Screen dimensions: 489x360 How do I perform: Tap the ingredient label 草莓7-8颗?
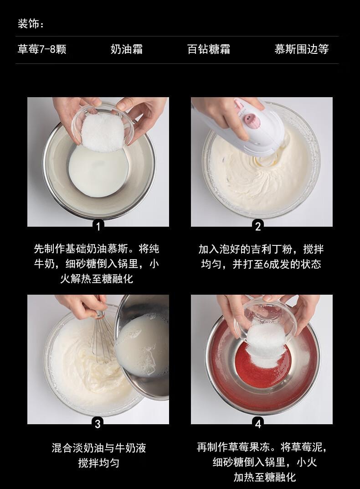(42, 49)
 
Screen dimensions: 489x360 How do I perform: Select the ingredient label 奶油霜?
(127, 49)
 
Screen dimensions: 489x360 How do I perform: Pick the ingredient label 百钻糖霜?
(209, 49)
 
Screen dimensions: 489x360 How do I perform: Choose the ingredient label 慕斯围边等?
(301, 49)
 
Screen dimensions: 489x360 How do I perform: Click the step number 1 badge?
(98, 225)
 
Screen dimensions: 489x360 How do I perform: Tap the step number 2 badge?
(258, 225)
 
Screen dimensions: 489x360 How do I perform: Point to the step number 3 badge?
(98, 423)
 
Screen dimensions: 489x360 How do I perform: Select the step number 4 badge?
(258, 423)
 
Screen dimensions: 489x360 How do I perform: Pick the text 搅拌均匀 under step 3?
(98, 463)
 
